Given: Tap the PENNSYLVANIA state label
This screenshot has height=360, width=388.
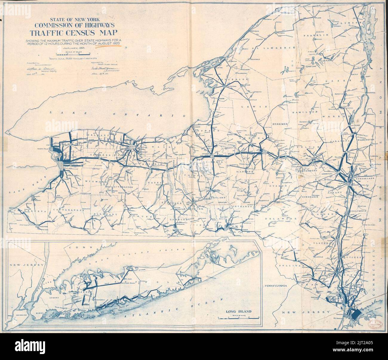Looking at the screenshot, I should [x=275, y=286].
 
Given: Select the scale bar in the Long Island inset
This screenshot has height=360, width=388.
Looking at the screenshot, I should [x=238, y=318].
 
